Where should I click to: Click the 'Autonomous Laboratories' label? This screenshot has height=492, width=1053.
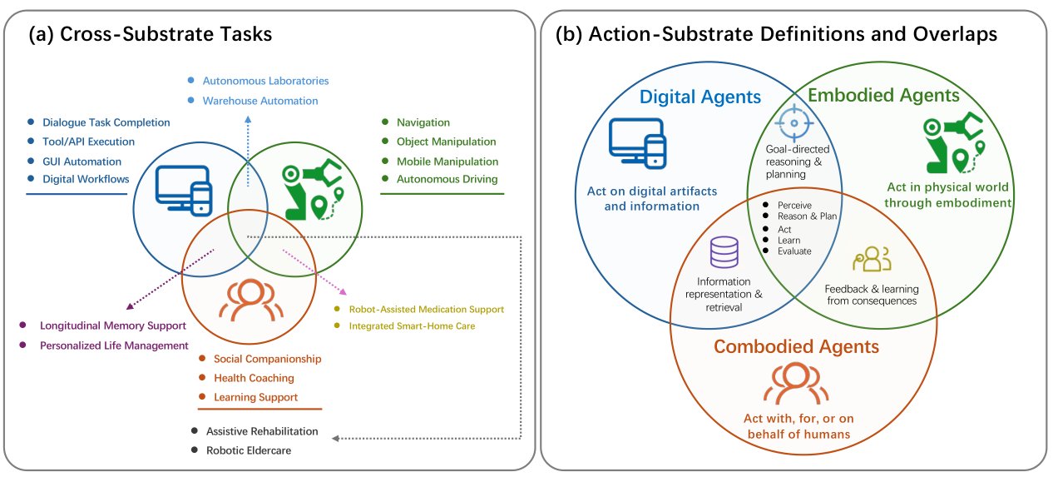[265, 81]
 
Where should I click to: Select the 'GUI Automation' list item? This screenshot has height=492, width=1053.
[82, 162]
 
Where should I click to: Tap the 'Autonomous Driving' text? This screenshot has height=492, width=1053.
[447, 179]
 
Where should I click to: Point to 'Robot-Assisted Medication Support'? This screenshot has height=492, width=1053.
[427, 309]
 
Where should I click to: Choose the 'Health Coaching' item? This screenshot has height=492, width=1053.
[254, 378]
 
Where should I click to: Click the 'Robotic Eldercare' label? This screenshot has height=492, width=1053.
[249, 450]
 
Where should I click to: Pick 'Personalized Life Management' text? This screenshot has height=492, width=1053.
[114, 345]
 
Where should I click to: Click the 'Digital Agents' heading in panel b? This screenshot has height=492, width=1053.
[700, 97]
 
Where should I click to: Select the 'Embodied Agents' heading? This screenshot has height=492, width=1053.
[883, 95]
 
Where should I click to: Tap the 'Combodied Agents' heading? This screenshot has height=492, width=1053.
[796, 346]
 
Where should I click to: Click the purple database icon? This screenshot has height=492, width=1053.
[724, 251]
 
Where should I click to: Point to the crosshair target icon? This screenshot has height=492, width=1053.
[794, 123]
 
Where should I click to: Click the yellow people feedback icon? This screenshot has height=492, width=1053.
[872, 259]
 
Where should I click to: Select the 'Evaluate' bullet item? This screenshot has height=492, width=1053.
[794, 251]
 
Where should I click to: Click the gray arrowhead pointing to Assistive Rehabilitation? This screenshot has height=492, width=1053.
[335, 439]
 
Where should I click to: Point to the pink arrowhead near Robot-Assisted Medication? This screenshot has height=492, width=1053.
[344, 291]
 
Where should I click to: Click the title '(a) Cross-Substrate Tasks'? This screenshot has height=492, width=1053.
[151, 34]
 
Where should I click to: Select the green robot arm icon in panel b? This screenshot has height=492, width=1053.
[953, 142]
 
